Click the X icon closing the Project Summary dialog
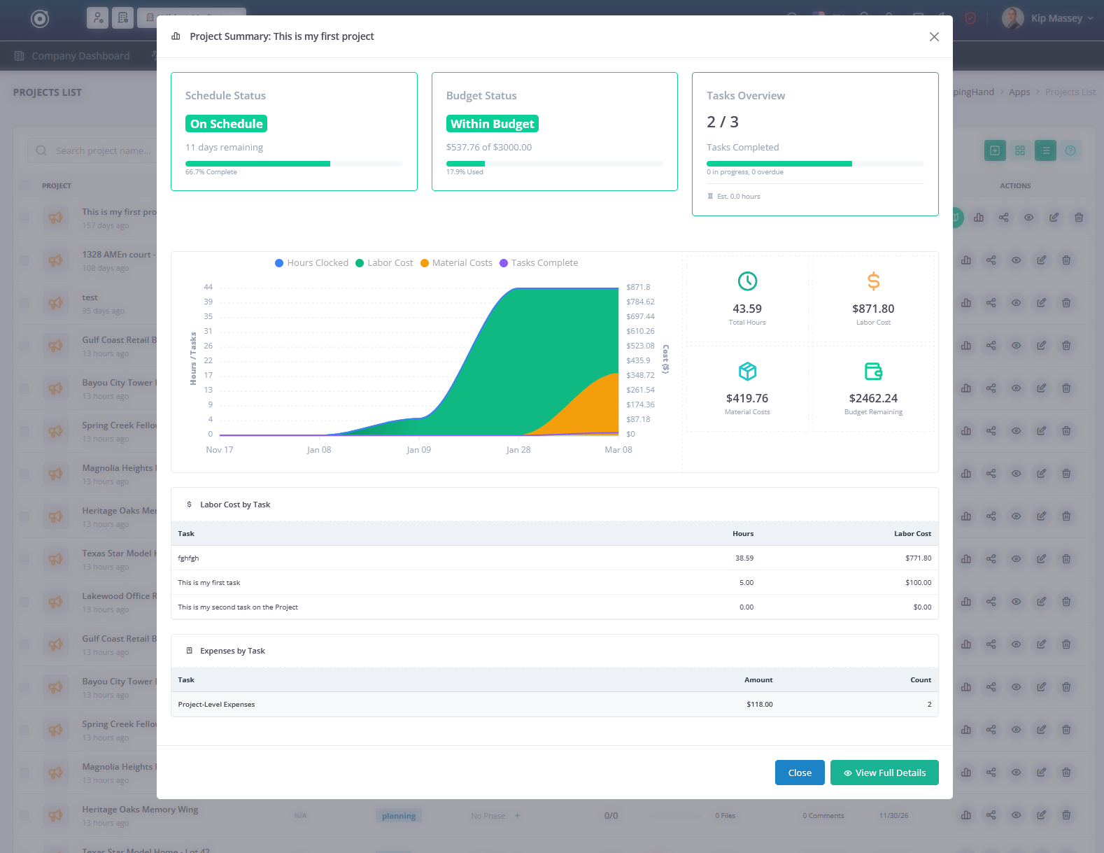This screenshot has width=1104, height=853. coord(934,36)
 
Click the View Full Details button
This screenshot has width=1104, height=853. coord(884,773)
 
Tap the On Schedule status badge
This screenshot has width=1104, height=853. coord(226,124)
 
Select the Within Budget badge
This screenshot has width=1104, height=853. coord(492,124)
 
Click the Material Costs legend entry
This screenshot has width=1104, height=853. coord(456,263)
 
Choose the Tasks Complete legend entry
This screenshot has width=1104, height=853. coord(539,263)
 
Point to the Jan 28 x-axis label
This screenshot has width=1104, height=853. coord(518,450)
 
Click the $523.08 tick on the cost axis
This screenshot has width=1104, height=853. coord(640,346)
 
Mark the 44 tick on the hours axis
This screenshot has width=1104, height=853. coord(208,287)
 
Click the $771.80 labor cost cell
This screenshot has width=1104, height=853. coord(918,558)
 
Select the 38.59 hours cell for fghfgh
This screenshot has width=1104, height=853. coord(744,558)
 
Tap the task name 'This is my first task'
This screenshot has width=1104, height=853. coord(209,583)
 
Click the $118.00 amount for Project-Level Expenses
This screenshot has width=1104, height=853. coord(759,705)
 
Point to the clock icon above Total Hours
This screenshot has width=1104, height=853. coord(747,281)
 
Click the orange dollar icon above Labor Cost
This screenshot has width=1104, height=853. coord(873,281)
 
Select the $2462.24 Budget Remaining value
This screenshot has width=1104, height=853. coord(873,398)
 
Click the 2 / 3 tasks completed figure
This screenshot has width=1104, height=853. coord(723,122)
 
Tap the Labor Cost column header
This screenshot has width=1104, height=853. coord(912,534)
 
